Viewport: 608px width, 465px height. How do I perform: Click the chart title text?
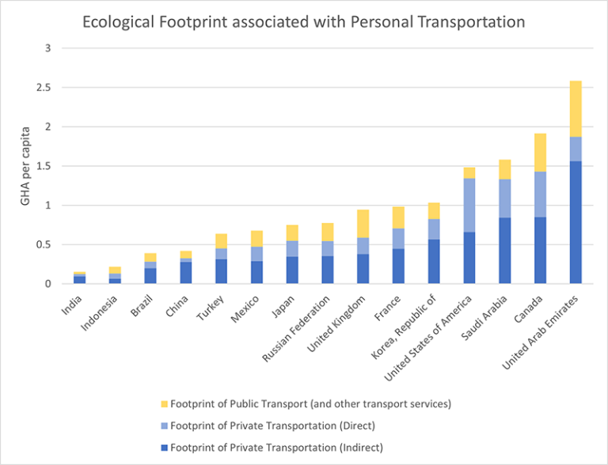[304, 22]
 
